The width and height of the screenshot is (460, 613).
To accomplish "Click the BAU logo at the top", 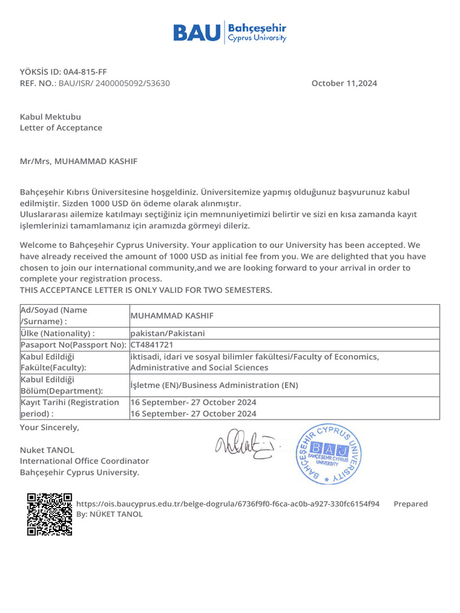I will pos(229,32).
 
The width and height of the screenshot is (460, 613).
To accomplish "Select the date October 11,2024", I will pos(344,83).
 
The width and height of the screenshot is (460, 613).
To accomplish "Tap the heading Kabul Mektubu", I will pos(50,117).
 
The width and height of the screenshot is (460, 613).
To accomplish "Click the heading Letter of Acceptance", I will pos(61,128).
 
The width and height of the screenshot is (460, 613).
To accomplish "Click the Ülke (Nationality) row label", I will pos(57,333).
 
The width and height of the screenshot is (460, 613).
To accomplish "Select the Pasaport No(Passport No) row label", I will pos(74,345).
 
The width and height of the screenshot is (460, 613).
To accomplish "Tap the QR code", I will pos(49,514).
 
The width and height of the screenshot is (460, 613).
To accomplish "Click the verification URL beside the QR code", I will pos(228,503).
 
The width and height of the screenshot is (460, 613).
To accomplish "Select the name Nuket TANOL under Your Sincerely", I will pos(47,450).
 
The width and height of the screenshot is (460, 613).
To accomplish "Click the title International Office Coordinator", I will pos(84,461).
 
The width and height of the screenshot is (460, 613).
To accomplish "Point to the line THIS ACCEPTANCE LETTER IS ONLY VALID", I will pos(146,290).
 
